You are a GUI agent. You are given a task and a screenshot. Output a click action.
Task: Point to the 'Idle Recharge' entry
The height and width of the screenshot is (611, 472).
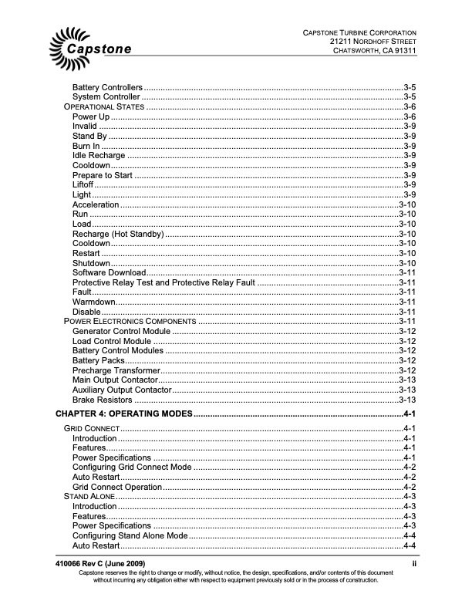(103, 155)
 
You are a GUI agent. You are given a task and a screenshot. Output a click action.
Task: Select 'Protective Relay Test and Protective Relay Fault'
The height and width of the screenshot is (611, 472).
(164, 282)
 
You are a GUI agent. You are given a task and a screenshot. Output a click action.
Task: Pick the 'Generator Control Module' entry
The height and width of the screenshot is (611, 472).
(121, 331)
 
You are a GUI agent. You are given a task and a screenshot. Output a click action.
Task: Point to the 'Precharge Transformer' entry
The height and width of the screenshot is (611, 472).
(116, 370)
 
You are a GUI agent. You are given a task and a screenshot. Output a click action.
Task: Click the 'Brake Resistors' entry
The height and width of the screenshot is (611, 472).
(103, 400)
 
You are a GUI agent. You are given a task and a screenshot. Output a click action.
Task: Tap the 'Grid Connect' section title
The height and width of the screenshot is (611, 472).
(91, 428)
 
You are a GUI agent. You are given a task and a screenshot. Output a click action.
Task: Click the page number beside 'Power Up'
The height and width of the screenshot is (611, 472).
(410, 116)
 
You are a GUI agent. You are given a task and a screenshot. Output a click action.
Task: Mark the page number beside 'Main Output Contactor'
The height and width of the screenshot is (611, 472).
(408, 380)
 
